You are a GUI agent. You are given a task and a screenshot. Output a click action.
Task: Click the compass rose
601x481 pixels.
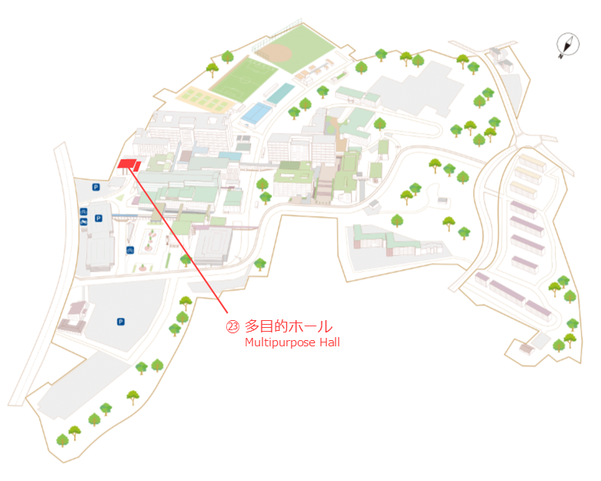coord(568,45)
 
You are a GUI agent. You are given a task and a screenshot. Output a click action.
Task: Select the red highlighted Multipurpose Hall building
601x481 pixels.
coord(129,165)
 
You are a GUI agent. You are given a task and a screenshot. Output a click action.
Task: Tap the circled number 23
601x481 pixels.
coord(232,326)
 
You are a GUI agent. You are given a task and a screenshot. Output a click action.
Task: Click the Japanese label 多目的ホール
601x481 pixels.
coord(289,326)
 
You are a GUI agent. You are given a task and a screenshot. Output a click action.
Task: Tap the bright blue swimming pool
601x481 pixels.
coord(256,113)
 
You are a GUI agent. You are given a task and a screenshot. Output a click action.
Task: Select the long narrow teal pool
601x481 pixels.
coord(280,94)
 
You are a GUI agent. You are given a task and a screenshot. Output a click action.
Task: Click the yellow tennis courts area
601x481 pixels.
coord(204,99)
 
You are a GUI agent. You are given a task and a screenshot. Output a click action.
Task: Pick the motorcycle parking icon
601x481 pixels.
coord(84,222)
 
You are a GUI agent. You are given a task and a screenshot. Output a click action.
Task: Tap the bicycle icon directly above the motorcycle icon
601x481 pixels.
coord(84,212)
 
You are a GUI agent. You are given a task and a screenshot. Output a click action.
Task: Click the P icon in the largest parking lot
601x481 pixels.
coord(121,322)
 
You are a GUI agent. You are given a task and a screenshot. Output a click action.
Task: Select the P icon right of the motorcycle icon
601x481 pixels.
coord(98,218)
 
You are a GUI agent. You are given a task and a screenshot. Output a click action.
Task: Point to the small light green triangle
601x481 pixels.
coord(120,198)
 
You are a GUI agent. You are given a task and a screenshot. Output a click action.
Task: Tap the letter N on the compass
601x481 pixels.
coord(561,56)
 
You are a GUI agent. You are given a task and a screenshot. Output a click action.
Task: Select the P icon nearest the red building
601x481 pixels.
coord(96,187)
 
